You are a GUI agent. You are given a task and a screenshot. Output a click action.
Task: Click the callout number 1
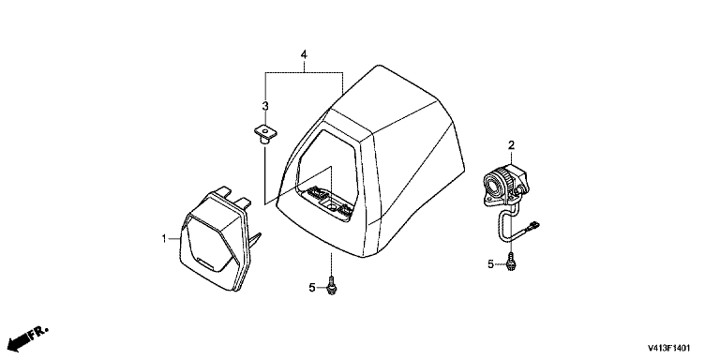coord(163,238)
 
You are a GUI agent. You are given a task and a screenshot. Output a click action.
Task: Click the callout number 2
coord(511,145)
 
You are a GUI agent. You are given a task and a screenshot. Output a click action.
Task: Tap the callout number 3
coord(265,106)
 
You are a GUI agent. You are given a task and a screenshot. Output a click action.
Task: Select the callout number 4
coord(304,54)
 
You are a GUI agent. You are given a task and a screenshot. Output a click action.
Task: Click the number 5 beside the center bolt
coord(312,288)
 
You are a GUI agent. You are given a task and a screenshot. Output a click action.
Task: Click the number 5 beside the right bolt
coord(490,264)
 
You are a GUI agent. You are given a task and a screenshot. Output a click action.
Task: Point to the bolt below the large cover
coord(332,286)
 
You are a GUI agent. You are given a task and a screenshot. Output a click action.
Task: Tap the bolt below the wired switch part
coord(511,262)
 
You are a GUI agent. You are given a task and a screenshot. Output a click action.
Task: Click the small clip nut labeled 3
coord(265,135)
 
